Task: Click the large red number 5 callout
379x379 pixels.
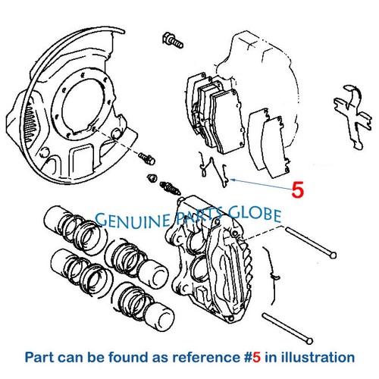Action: (298, 189)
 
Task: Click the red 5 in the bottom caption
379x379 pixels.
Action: (256, 358)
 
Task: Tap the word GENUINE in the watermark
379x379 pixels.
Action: (133, 219)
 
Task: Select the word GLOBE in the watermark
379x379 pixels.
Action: (255, 215)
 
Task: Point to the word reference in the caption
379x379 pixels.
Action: (205, 358)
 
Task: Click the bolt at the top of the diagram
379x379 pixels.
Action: (173, 41)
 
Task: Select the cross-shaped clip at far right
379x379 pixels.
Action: (353, 117)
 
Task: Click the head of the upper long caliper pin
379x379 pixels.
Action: (333, 255)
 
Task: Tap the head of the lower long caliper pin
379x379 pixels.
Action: (309, 341)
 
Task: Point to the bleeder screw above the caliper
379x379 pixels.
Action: (170, 189)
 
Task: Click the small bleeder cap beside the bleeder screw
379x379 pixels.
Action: (152, 178)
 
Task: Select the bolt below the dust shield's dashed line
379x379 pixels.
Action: (146, 158)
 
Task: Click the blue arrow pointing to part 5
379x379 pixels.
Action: (261, 184)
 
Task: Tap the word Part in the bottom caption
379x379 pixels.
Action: (39, 358)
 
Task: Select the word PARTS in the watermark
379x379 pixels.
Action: (199, 217)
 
